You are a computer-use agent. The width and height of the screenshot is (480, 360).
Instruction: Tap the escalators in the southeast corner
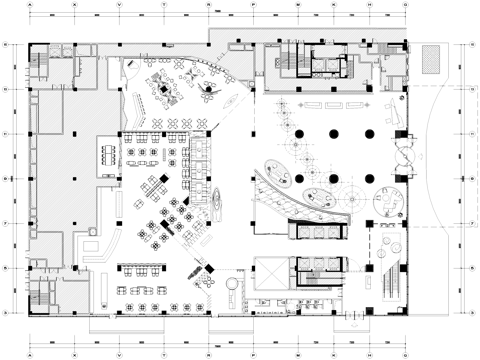(390, 284)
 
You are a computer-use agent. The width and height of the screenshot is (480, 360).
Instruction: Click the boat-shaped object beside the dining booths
(216, 204)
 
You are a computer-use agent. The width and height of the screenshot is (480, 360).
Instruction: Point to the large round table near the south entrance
(232, 285)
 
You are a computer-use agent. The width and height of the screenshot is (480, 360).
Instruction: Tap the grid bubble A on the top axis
(29, 6)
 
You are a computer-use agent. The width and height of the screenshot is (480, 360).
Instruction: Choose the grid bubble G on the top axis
(404, 6)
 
